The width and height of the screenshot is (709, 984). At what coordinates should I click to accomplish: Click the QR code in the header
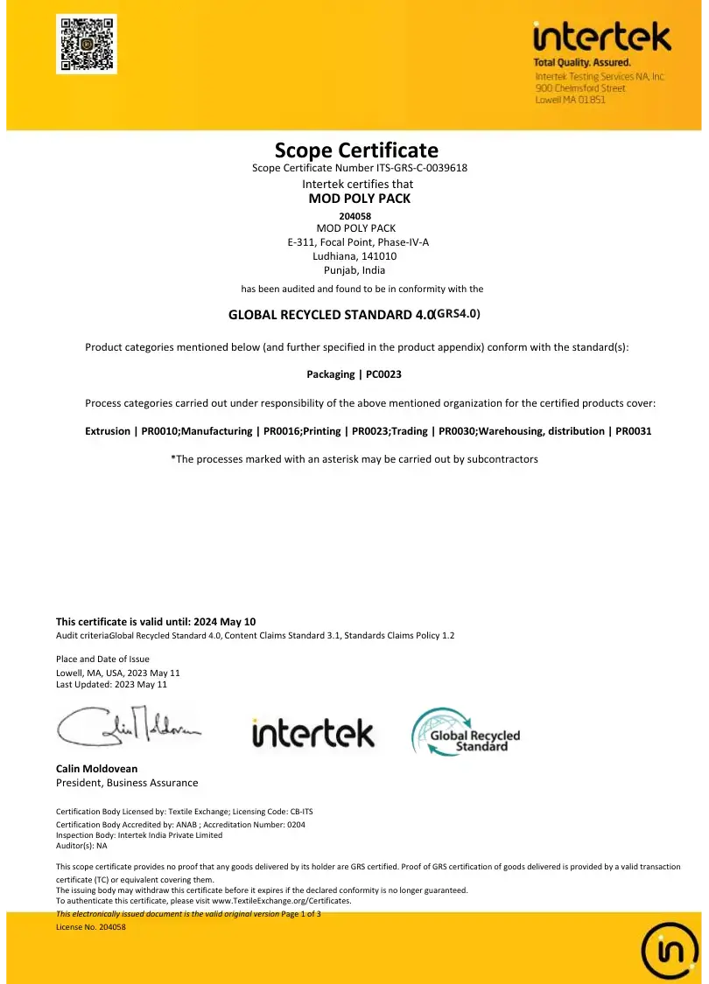87,44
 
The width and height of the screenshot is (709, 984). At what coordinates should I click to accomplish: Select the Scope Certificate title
356,150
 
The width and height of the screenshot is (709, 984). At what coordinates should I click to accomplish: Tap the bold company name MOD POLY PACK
360,199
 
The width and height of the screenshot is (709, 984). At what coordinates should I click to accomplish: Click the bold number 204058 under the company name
354,216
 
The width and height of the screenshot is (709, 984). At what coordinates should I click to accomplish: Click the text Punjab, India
354,270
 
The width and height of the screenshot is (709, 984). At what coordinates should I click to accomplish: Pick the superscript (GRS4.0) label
458,312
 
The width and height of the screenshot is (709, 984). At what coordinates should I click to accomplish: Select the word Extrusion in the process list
107,431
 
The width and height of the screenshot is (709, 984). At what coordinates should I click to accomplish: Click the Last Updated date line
111,685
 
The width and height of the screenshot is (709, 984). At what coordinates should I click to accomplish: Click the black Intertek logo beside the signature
312,733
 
